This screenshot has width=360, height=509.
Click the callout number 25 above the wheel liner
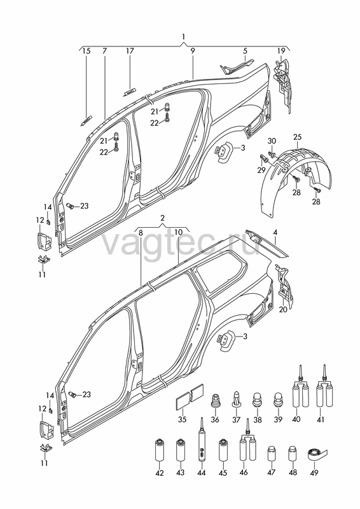point(298,137)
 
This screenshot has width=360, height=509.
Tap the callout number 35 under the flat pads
point(183,419)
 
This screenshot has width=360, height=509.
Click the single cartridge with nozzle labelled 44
point(201,444)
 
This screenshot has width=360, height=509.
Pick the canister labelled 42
point(160,450)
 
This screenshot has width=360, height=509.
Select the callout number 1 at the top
point(183,37)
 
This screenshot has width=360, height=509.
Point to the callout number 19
point(280,51)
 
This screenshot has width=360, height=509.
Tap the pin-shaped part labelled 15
point(86,120)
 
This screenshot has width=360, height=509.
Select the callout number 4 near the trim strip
point(275,232)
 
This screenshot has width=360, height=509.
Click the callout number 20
point(283,309)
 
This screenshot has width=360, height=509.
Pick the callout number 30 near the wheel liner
point(272,141)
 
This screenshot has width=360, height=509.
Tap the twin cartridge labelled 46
point(248,444)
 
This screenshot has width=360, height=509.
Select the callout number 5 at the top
point(245,51)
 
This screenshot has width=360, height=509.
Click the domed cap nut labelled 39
point(279,400)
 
